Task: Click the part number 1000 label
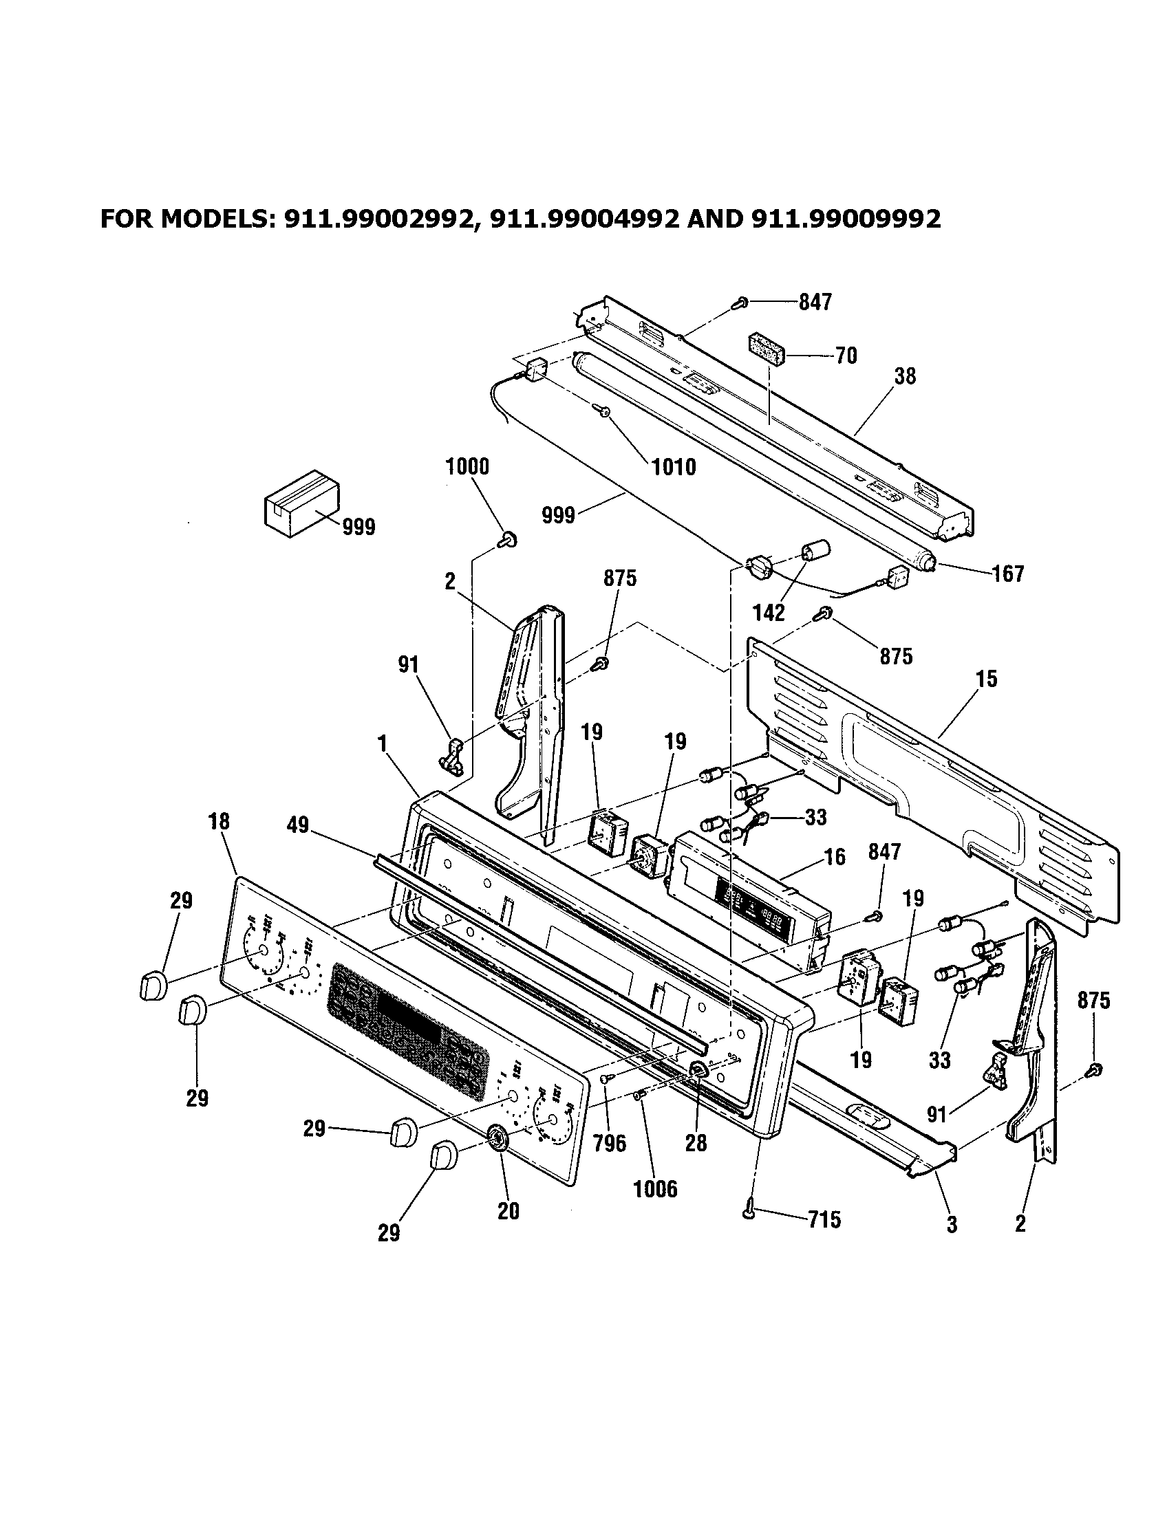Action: pos(467,467)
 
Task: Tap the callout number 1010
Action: pos(674,467)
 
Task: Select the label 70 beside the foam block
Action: pos(846,356)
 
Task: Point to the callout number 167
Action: pos(1007,574)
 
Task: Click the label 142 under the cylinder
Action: pos(769,612)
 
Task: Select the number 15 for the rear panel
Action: pos(986,679)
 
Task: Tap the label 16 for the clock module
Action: pos(835,857)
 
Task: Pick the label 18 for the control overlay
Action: pos(218,822)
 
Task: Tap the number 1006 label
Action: pos(655,1190)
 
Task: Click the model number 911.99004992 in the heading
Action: pos(583,219)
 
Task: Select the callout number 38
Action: pos(905,376)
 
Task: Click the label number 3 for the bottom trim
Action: pos(952,1224)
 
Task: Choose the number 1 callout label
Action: pos(382,743)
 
